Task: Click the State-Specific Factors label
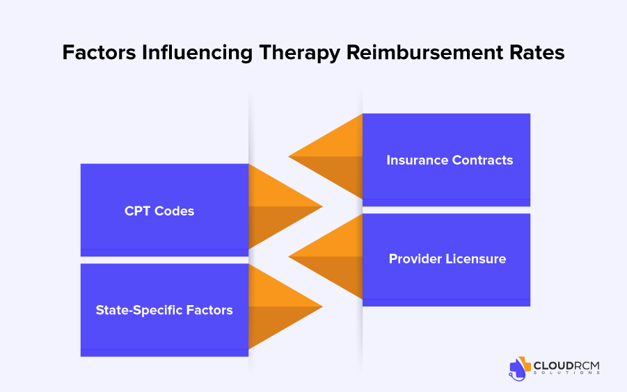pyautogui.click(x=164, y=310)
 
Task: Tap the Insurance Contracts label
pyautogui.click(x=450, y=160)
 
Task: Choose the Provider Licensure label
pyautogui.click(x=447, y=259)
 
